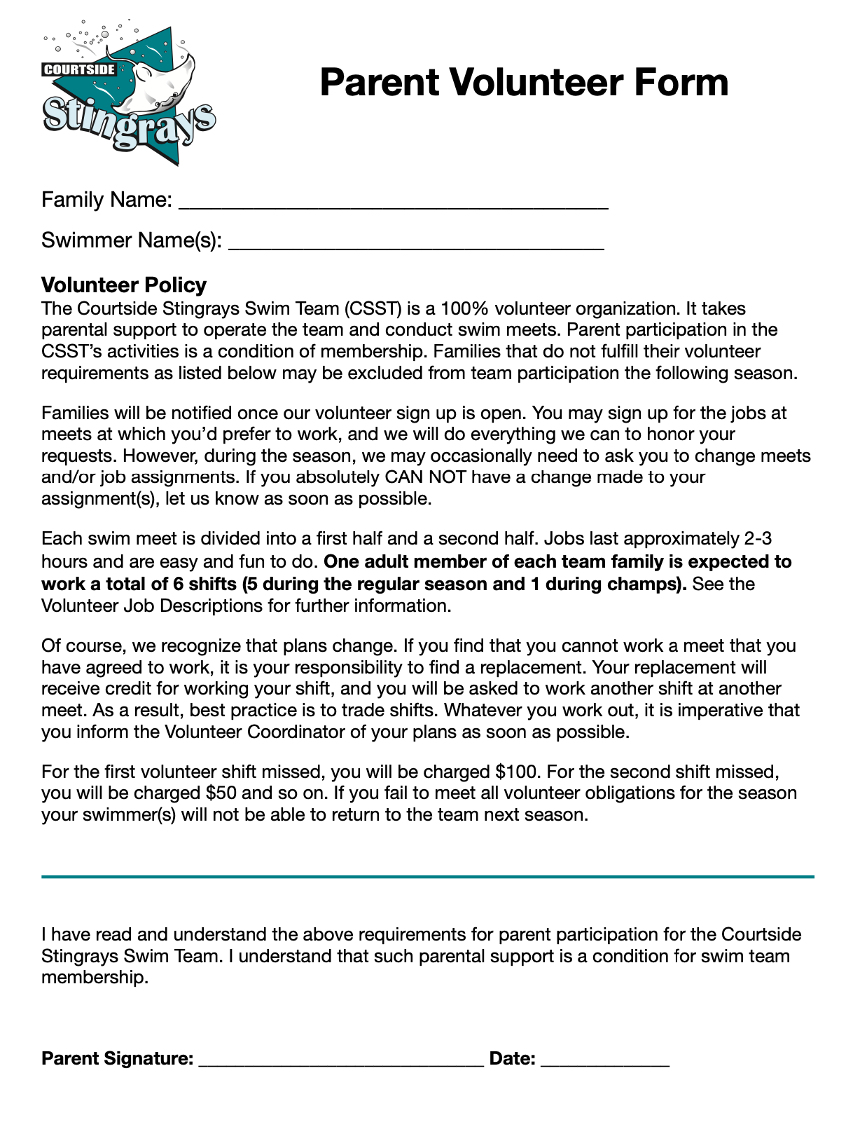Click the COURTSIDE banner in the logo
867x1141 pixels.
coord(79,69)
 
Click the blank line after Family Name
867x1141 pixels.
coord(393,205)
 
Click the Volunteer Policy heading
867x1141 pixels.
coord(124,285)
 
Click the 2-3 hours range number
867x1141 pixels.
coord(757,539)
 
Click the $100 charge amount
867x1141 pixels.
coord(517,772)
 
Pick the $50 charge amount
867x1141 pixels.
coord(221,793)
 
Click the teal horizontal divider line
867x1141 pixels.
coord(427,876)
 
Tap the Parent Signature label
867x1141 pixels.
coord(117,1058)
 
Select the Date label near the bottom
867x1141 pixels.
coord(512,1058)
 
